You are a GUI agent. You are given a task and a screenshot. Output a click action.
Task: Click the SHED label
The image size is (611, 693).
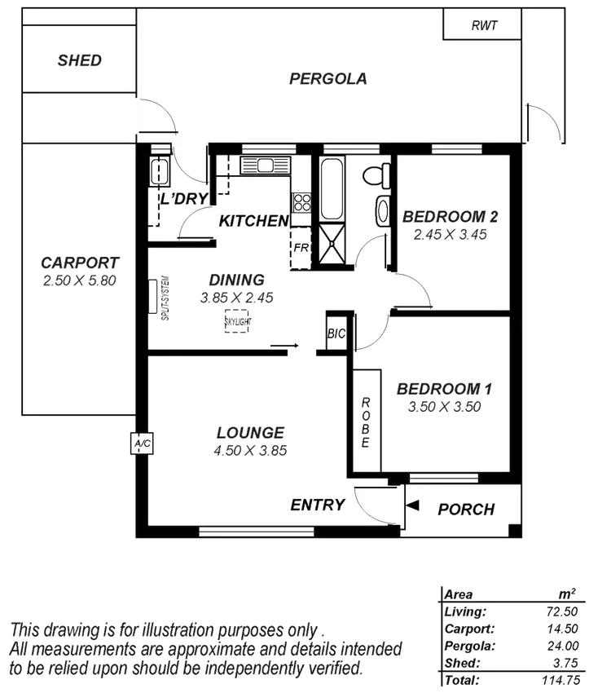(80, 60)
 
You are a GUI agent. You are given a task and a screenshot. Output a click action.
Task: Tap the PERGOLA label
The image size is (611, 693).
(329, 79)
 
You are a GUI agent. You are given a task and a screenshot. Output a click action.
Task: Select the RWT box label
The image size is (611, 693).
(484, 25)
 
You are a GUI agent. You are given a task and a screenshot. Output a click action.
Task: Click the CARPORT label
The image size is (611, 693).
(81, 263)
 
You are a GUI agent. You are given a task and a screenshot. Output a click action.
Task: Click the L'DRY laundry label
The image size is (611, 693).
(185, 198)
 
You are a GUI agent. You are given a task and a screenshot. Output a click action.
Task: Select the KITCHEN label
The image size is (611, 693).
(253, 221)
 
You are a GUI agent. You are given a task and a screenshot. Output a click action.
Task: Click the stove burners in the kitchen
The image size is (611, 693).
(301, 201)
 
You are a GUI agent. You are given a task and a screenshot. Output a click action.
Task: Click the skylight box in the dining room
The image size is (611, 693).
(237, 322)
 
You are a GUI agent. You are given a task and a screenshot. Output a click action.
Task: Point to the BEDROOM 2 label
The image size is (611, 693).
(451, 217)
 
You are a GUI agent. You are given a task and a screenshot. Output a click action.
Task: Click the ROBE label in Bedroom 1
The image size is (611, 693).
(366, 421)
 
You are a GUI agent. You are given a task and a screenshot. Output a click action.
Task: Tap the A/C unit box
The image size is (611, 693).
(143, 444)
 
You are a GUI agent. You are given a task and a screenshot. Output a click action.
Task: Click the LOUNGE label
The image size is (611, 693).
(251, 432)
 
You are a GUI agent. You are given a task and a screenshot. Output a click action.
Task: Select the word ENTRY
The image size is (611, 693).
(317, 505)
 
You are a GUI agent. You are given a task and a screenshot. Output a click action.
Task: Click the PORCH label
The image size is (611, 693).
(466, 510)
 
